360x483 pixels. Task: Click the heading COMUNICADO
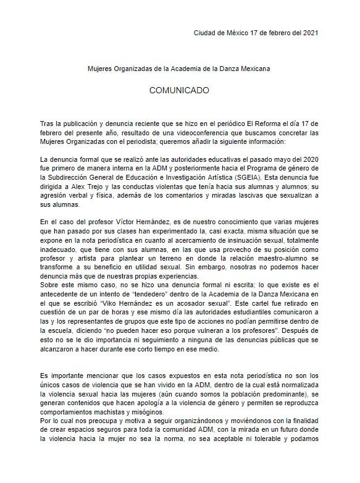(180, 90)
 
